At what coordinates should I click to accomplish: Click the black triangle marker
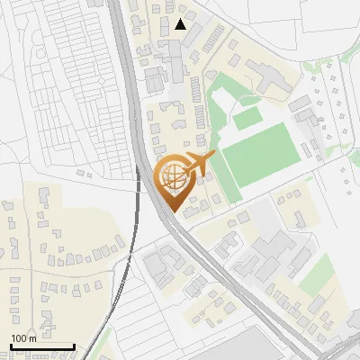(181, 24)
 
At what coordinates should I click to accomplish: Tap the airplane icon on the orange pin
(195, 165)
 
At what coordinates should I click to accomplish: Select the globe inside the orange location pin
(172, 179)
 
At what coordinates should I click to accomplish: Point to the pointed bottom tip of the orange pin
(172, 212)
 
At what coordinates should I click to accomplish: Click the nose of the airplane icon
(213, 157)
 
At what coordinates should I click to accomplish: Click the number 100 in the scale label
(21, 338)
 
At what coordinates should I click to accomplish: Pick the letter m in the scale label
(33, 338)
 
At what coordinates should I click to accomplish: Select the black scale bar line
(41, 346)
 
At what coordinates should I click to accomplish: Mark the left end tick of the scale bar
(10, 346)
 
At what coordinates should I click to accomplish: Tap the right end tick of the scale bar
(74, 346)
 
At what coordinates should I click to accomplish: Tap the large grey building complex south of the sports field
(270, 247)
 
